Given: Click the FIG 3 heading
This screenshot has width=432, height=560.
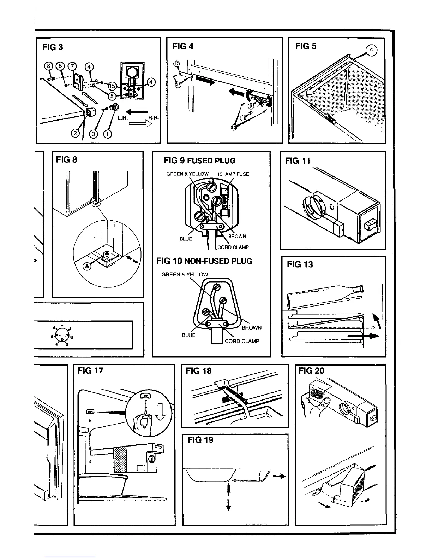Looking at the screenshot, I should (53, 47).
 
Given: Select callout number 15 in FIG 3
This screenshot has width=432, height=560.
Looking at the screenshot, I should (112, 86).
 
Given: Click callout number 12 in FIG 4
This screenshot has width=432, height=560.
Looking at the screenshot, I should (177, 64).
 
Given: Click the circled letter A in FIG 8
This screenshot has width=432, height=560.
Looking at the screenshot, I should (86, 266).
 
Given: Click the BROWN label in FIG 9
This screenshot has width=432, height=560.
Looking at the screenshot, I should (237, 236).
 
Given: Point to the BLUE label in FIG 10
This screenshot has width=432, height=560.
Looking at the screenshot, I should (188, 335).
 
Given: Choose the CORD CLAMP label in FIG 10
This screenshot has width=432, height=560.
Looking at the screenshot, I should (242, 341).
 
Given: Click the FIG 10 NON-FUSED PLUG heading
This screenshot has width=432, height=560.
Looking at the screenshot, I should (204, 261).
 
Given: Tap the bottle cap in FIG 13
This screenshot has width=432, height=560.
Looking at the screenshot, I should (361, 288).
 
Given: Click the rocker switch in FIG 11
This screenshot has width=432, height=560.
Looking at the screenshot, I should (369, 224).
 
